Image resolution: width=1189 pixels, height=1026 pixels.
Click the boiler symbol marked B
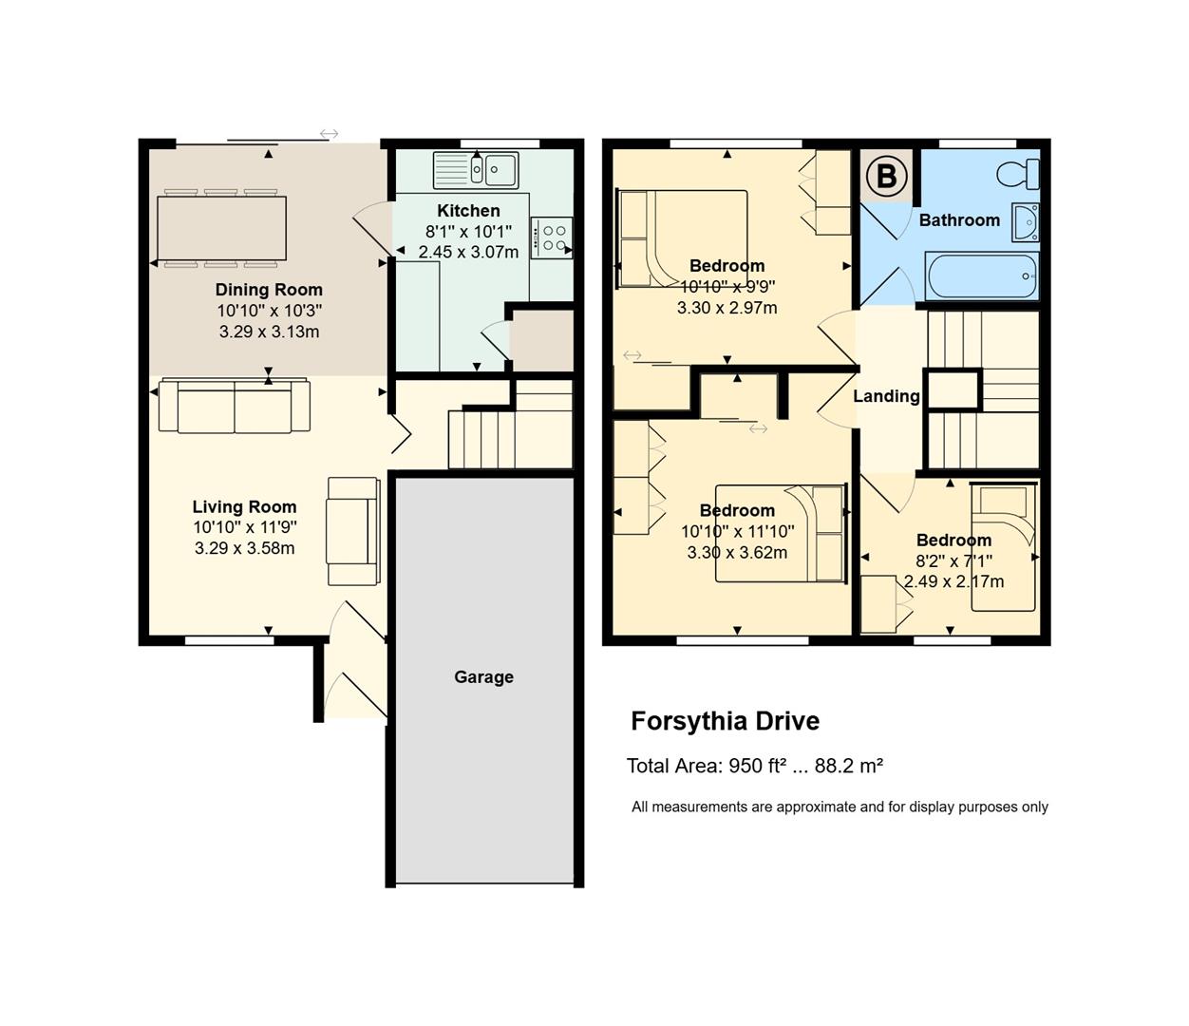click(x=886, y=176)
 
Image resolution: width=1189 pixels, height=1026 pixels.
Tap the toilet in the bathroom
click(x=1017, y=174)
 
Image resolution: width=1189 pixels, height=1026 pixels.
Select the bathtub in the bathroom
click(x=982, y=275)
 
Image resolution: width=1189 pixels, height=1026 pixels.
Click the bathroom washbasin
click(x=1026, y=222)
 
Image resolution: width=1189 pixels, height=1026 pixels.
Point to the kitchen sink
click(x=476, y=170)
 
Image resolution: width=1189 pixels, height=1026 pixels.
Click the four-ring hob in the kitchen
click(x=552, y=237)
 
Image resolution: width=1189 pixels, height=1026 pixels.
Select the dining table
click(x=221, y=228)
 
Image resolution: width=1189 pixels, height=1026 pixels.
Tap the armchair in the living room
click(x=352, y=531)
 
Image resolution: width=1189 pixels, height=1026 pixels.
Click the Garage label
click(x=483, y=676)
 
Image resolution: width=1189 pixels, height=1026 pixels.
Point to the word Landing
click(x=886, y=396)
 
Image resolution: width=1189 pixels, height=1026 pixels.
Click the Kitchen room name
click(x=468, y=210)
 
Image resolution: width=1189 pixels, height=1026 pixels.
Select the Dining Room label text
click(x=269, y=290)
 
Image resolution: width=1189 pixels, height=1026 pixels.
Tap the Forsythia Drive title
click(x=726, y=722)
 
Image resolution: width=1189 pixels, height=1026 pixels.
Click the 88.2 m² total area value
click(x=849, y=766)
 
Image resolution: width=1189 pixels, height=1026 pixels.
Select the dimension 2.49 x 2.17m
click(x=953, y=581)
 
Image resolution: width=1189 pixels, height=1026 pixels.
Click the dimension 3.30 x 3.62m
click(x=737, y=552)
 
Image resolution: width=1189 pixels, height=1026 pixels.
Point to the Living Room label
click(x=244, y=506)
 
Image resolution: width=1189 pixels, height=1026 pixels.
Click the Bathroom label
click(x=959, y=219)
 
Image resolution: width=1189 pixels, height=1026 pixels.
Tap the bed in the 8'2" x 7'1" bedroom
click(x=1003, y=546)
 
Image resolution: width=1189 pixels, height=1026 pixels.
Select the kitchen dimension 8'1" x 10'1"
click(x=468, y=231)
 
